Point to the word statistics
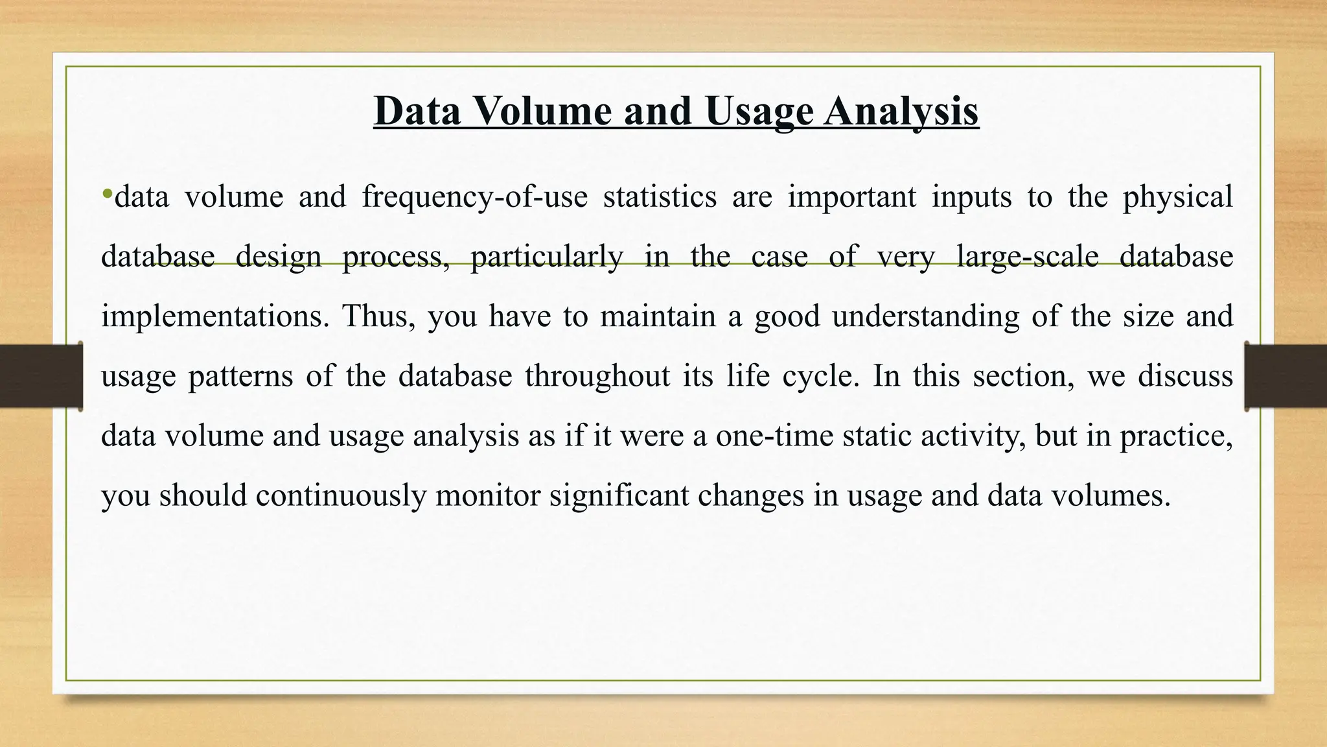click(x=660, y=196)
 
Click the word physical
click(x=1177, y=196)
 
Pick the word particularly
click(x=546, y=257)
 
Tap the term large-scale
click(x=1028, y=257)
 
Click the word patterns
click(x=240, y=376)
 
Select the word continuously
click(x=339, y=495)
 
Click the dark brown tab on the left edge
click(x=41, y=376)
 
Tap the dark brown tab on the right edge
click(x=1286, y=376)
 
